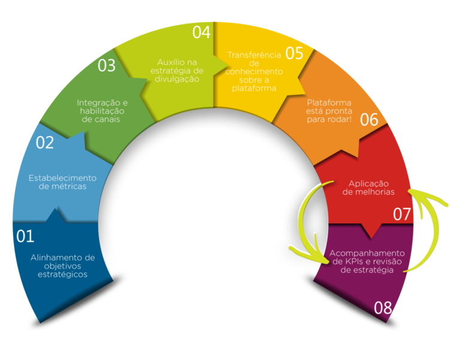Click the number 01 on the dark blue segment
coord(25,236)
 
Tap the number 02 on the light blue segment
coord(45,143)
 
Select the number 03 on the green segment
coord(107,65)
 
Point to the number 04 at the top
coord(201,32)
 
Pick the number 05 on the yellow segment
coord(294,53)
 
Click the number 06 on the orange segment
coord(369,120)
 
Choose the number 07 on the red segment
coord(402,214)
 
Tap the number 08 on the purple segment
coord(383,308)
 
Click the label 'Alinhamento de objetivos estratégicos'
coord(62,266)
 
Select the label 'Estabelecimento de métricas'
coord(62,182)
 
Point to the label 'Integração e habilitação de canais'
coord(102,111)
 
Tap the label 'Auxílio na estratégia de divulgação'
coord(177,71)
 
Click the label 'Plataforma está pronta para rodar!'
coord(329,111)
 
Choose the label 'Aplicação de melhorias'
coord(368,187)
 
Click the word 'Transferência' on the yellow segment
coord(255,55)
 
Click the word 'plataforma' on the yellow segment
coord(254,88)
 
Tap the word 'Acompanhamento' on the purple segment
coord(367,253)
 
